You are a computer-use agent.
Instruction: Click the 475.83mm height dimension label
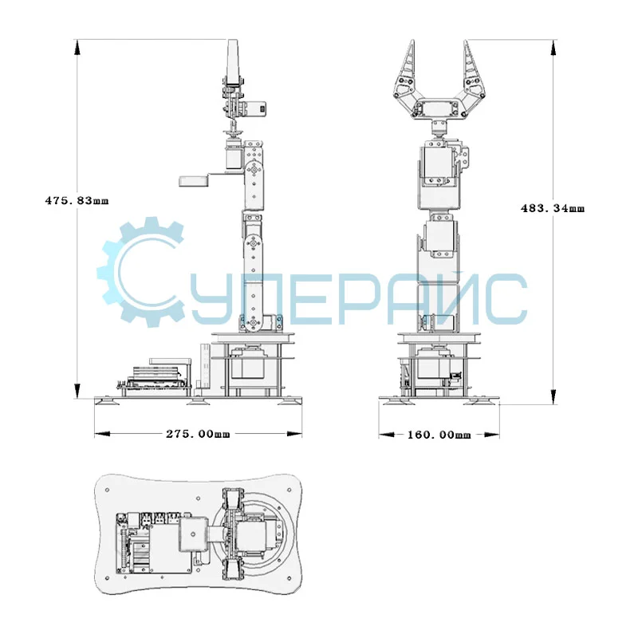(77, 201)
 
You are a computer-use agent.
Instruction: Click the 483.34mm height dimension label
(553, 208)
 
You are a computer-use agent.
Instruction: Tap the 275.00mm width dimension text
(198, 434)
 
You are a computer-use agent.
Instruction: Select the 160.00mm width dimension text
(439, 435)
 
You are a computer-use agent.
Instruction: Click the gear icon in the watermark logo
(140, 272)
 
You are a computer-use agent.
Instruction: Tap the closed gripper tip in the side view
(232, 62)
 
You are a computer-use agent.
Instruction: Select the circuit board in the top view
(154, 543)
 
